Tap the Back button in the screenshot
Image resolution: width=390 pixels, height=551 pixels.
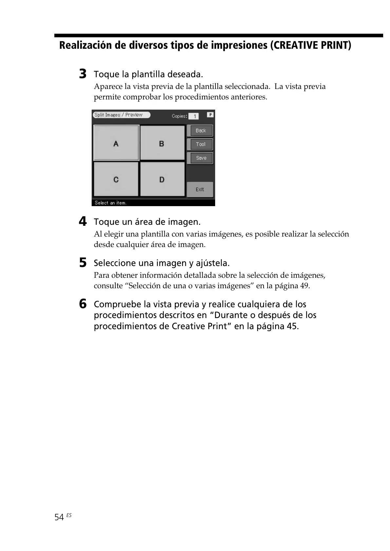[200, 131]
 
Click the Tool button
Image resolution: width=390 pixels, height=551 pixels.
[200, 144]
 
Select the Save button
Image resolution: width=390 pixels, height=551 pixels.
[200, 158]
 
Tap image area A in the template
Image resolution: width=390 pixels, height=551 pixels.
[116, 143]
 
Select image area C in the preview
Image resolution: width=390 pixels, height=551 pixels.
[116, 179]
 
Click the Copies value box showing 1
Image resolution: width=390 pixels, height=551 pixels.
[194, 116]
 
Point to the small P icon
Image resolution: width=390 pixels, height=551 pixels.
[210, 115]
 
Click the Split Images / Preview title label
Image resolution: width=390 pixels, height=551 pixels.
[121, 115]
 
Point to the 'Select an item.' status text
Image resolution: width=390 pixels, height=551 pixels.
[110, 203]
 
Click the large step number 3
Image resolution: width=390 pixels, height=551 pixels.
[83, 74]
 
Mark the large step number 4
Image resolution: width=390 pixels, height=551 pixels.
[83, 222]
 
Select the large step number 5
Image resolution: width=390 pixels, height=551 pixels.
[83, 262]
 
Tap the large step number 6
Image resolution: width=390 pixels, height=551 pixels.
[83, 304]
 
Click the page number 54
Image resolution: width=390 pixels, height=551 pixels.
[59, 517]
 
